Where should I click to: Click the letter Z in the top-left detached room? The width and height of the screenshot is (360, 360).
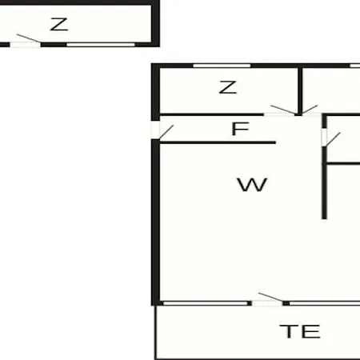pyautogui.click(x=59, y=25)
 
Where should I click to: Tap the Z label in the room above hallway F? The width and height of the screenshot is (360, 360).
pyautogui.click(x=228, y=87)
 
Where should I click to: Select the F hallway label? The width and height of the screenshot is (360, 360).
pyautogui.click(x=241, y=129)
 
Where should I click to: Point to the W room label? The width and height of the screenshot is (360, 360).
pyautogui.click(x=252, y=185)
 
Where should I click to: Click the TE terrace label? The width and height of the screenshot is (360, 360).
pyautogui.click(x=300, y=331)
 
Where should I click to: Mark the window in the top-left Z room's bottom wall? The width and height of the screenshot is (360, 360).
pyautogui.click(x=101, y=45)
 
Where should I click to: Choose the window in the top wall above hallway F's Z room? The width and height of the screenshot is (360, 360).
pyautogui.click(x=222, y=66)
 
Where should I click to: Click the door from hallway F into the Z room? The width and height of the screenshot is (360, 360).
pyautogui.click(x=280, y=111)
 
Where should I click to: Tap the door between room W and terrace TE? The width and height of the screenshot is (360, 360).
pyautogui.click(x=267, y=301)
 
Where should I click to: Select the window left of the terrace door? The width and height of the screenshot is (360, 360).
pyautogui.click(x=206, y=303)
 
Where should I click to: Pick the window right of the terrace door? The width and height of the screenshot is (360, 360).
pyautogui.click(x=325, y=303)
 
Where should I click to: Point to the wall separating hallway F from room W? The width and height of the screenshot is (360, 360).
pyautogui.click(x=218, y=143)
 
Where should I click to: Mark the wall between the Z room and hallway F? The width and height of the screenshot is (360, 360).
pyautogui.click(x=211, y=114)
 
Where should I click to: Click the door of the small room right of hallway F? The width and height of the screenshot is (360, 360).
pyautogui.click(x=330, y=138)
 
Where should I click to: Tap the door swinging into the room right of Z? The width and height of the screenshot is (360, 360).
pyautogui.click(x=310, y=110)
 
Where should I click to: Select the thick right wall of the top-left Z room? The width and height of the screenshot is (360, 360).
pyautogui.click(x=155, y=23)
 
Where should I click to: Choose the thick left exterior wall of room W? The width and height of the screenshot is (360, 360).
pyautogui.click(x=155, y=222)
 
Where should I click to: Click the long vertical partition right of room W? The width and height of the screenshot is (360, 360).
pyautogui.click(x=324, y=182)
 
